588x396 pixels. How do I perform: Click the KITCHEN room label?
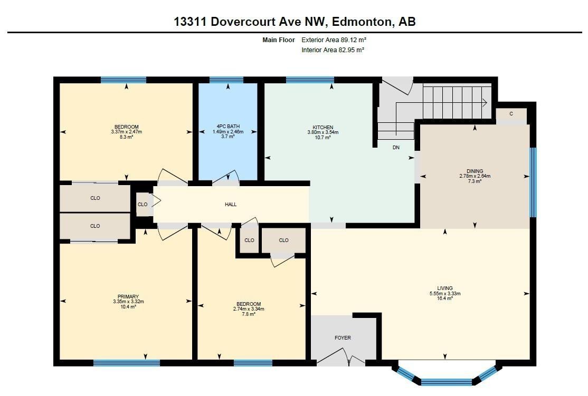click(323, 127)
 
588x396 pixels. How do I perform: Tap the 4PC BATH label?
click(228, 127)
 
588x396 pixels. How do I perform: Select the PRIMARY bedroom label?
click(128, 296)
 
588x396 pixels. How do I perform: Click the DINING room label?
click(475, 171)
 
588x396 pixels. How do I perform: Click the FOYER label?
click(343, 337)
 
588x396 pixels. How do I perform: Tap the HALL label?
click(231, 204)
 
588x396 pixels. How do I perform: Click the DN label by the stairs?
click(396, 148)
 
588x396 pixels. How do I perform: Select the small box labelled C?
click(511, 114)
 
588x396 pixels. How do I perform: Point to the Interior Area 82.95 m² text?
click(333, 50)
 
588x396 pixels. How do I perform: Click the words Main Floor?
click(279, 40)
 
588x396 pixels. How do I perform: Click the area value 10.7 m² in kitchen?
click(323, 138)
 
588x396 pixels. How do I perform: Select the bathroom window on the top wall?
click(226, 80)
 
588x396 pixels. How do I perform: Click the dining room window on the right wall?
click(533, 182)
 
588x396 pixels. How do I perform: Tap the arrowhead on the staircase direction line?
click(484, 103)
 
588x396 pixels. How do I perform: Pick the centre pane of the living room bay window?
click(447, 382)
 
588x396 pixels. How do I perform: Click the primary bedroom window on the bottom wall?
click(127, 363)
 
